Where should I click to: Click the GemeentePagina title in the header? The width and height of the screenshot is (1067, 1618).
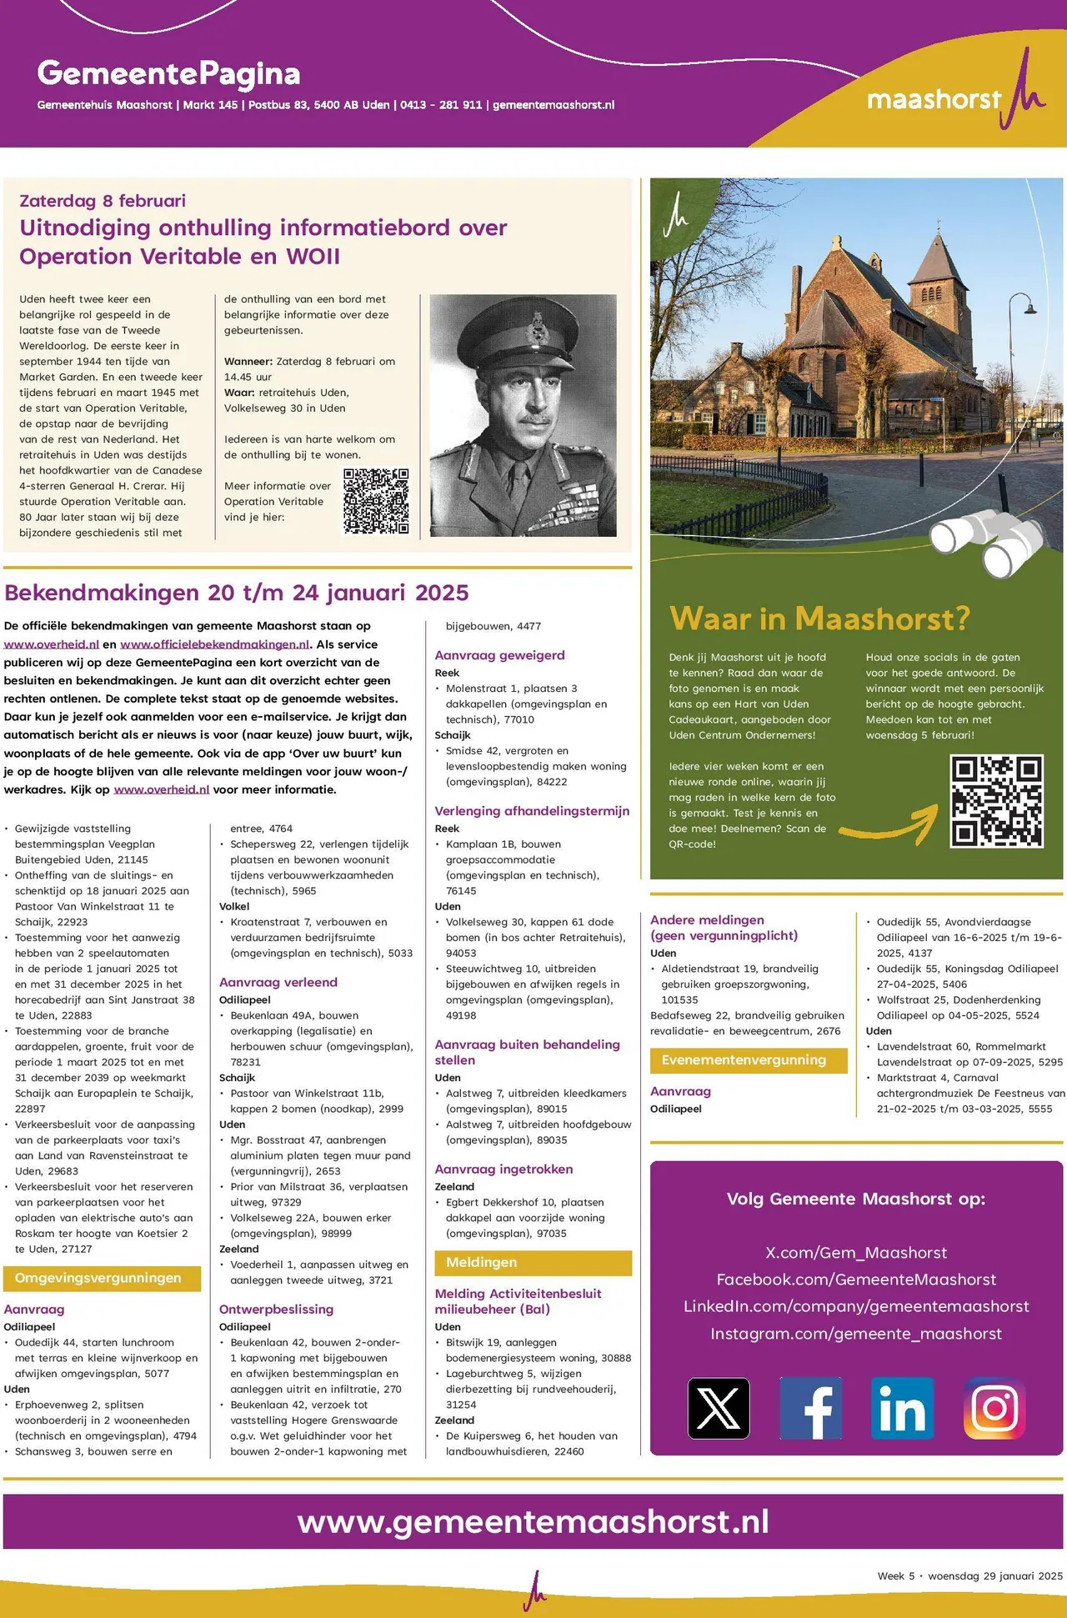tap(168, 73)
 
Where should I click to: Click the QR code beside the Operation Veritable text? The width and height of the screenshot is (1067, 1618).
tap(376, 501)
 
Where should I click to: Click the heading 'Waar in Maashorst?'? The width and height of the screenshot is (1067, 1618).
tap(819, 619)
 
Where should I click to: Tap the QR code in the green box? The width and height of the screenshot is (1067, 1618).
tap(996, 800)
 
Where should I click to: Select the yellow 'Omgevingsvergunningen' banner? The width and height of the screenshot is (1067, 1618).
tap(102, 1278)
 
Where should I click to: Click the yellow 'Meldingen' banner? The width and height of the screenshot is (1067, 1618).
tap(533, 1262)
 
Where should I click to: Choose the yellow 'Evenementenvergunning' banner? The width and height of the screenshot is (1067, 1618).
tap(748, 1060)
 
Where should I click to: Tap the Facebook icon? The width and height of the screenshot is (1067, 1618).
tap(810, 1408)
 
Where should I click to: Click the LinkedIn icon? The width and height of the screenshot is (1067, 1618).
tap(902, 1408)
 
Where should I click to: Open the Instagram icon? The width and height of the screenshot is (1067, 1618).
tap(994, 1408)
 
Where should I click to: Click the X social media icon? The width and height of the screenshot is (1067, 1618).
tap(719, 1408)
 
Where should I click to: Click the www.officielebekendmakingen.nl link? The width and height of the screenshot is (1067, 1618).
tap(215, 644)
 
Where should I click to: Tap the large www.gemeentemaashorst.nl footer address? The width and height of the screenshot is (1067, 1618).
tap(533, 1521)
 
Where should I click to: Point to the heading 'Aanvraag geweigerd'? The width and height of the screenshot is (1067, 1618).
tap(499, 655)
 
